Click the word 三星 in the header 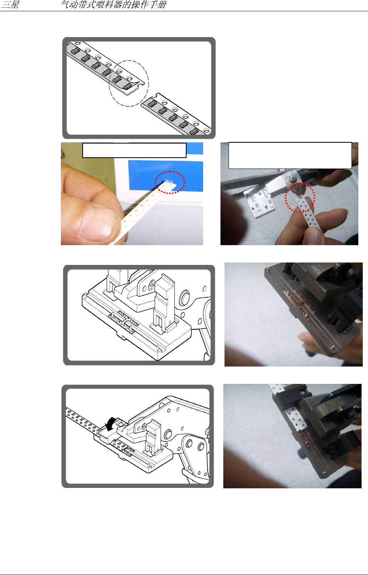[x=10, y=4]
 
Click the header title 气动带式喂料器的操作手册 [x=114, y=4]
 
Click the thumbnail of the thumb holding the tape [x=132, y=194]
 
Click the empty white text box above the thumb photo [x=134, y=150]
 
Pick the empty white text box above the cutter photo [x=290, y=155]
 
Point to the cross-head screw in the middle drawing [x=152, y=285]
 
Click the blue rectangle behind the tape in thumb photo [x=166, y=175]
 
